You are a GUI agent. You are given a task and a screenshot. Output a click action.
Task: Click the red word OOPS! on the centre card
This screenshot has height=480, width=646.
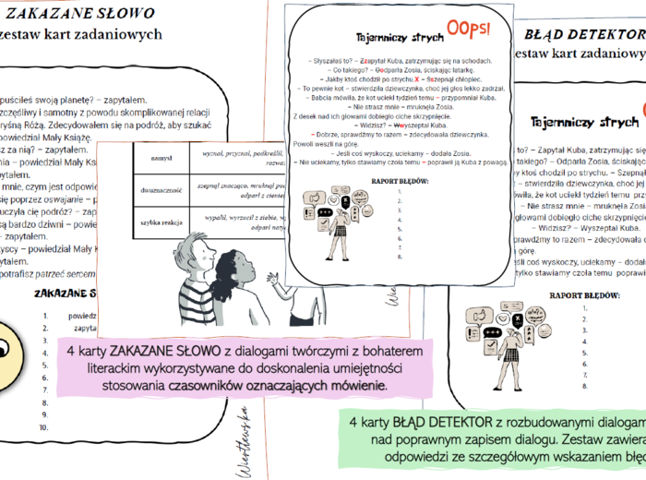click(x=469, y=29)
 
